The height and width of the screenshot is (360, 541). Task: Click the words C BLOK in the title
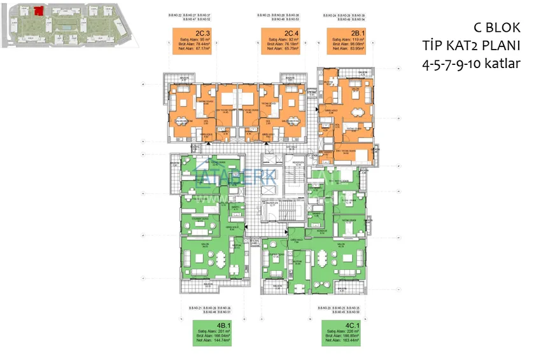(x=497, y=27)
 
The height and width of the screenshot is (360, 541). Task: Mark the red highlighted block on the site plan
(x=39, y=10)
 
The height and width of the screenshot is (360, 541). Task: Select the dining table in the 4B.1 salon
(x=220, y=258)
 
